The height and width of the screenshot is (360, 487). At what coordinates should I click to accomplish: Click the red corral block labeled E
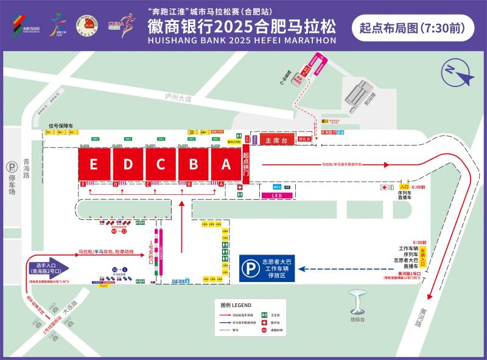tap(93, 164)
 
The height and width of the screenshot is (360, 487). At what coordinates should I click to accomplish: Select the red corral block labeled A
tap(226, 164)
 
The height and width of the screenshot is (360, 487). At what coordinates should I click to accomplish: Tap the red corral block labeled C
tap(160, 164)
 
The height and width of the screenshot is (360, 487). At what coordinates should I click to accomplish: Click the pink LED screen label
tap(276, 196)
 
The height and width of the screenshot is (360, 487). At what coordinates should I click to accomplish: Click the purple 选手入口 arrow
tap(48, 268)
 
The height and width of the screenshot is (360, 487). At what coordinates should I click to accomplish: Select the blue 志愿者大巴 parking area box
tap(268, 268)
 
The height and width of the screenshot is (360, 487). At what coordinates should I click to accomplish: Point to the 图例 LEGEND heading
tap(234, 305)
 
